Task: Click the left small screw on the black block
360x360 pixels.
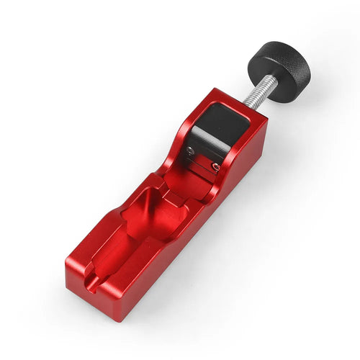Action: [x=189, y=150]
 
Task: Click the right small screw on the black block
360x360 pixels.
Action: [x=215, y=166]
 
